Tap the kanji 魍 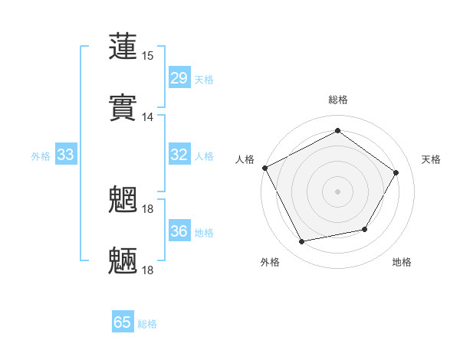pyautogui.click(x=123, y=200)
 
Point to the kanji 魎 pyautogui.click(x=123, y=261)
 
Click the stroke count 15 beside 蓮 pyautogui.click(x=148, y=56)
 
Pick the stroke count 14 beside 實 pyautogui.click(x=148, y=117)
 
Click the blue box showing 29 pyautogui.click(x=179, y=78)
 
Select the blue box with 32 pyautogui.click(x=179, y=155)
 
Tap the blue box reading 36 pyautogui.click(x=179, y=231)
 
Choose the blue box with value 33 pyautogui.click(x=66, y=155)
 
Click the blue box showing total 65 pyautogui.click(x=123, y=322)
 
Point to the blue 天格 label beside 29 pyautogui.click(x=204, y=80)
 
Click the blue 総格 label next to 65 pyautogui.click(x=147, y=324)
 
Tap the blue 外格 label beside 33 pyautogui.click(x=41, y=156)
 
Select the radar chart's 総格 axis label pyautogui.click(x=338, y=100)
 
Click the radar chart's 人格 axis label pyautogui.click(x=245, y=159)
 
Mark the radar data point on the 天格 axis pyautogui.click(x=396, y=172)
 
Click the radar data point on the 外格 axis pyautogui.click(x=302, y=241)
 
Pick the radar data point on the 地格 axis pyautogui.click(x=365, y=229)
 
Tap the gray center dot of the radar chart pyautogui.click(x=338, y=191)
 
